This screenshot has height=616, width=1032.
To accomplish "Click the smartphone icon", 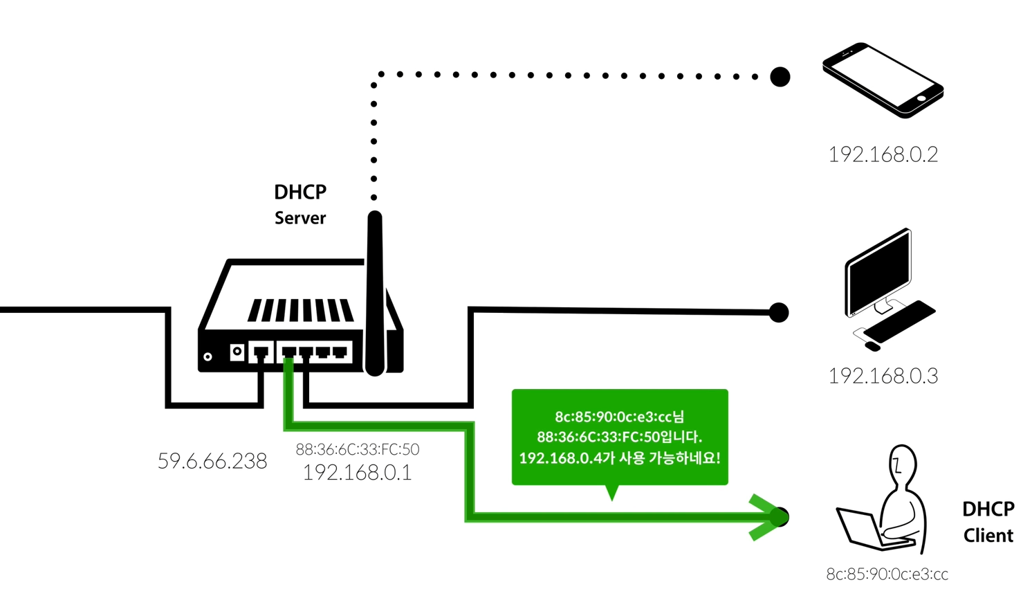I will pos(883,80).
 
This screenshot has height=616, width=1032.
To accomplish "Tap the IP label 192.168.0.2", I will pos(883,154).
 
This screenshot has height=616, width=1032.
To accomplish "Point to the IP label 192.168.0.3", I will pos(883,376).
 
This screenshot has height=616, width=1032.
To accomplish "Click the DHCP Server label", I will pos(300,204).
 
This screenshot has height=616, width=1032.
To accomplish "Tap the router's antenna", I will pos(375,291).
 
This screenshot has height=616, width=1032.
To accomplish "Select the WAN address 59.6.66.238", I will pos(212,461).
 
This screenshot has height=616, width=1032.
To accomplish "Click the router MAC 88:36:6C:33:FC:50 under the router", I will pos(358,449).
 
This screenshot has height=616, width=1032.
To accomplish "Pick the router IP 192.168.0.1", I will pos(357,473).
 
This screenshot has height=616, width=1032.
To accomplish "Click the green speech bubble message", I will pos(620,437).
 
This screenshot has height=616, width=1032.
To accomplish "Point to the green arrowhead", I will pos(765,517).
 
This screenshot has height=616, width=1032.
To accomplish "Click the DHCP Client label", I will pos(988,522).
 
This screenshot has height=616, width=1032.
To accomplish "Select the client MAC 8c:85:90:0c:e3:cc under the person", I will pos(887,574).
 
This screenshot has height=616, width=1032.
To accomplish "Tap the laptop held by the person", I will pos(861,529).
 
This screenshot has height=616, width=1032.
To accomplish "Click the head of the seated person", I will pos(901,464).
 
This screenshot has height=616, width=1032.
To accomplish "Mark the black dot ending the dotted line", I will pos(780,77).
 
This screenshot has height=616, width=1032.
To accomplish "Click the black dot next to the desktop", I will pos(779,313).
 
